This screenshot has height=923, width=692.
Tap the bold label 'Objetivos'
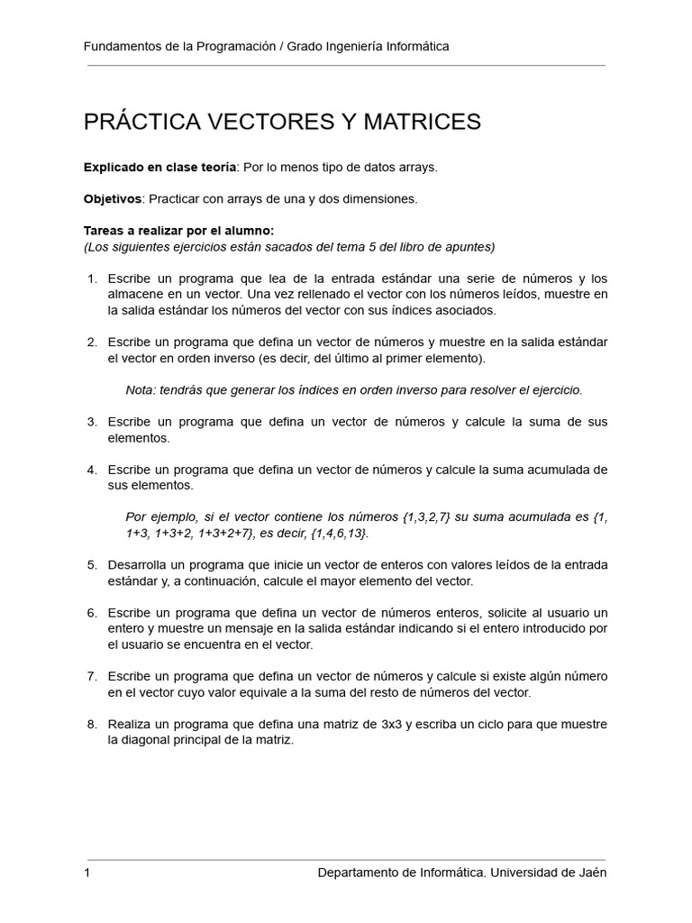(x=113, y=198)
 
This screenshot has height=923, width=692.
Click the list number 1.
(x=92, y=278)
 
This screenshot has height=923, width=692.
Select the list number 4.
(x=92, y=470)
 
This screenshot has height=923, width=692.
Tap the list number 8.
(x=92, y=725)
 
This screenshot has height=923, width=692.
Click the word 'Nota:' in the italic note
(x=141, y=390)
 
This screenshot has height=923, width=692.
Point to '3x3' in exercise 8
(x=380, y=725)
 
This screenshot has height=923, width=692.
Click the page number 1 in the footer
(x=87, y=873)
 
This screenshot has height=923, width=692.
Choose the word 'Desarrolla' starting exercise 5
(x=137, y=565)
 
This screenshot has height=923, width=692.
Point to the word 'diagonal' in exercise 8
(x=150, y=741)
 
